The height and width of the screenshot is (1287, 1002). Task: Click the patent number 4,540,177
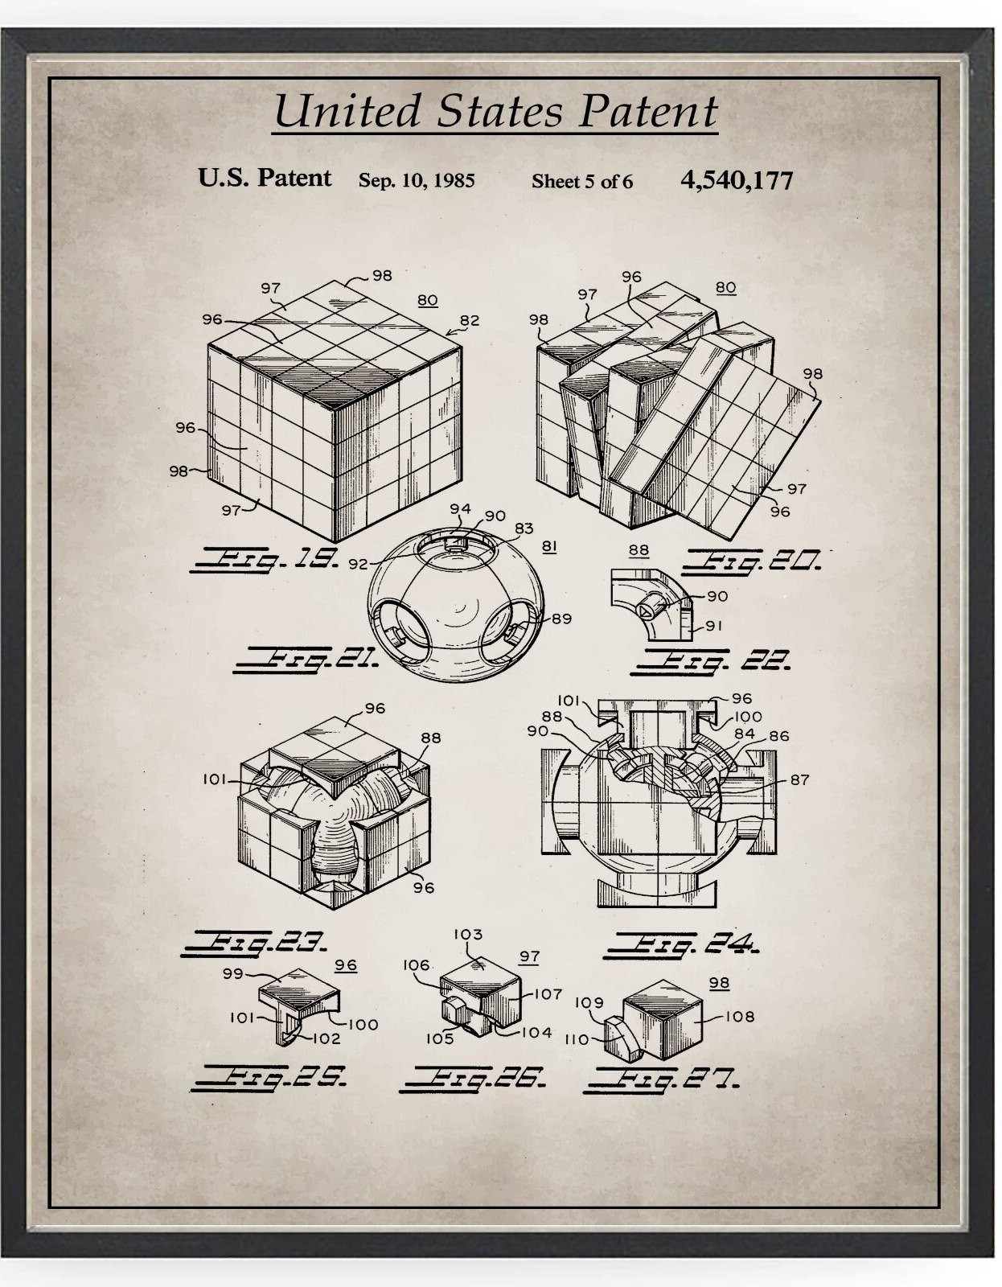[x=736, y=179]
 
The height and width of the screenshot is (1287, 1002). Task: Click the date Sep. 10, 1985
[x=416, y=180]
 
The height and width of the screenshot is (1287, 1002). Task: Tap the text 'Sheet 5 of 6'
[x=581, y=182]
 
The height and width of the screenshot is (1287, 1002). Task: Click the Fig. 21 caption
[x=306, y=660]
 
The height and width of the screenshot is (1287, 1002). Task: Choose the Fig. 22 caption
[x=712, y=661]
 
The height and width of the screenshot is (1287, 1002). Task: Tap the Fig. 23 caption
[x=255, y=941]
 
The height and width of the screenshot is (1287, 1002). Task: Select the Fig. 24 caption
[x=681, y=944]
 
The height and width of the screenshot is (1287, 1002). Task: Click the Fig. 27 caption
[x=661, y=1079]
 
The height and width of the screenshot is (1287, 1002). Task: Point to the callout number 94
[x=460, y=508]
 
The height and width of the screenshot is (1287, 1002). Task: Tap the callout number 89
[x=561, y=619]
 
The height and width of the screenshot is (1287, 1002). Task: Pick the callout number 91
[x=714, y=625]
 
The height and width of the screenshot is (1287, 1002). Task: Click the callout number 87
[x=799, y=779]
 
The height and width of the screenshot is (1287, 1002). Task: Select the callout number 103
[x=468, y=934]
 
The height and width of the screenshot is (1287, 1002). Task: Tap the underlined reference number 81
[x=549, y=546]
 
